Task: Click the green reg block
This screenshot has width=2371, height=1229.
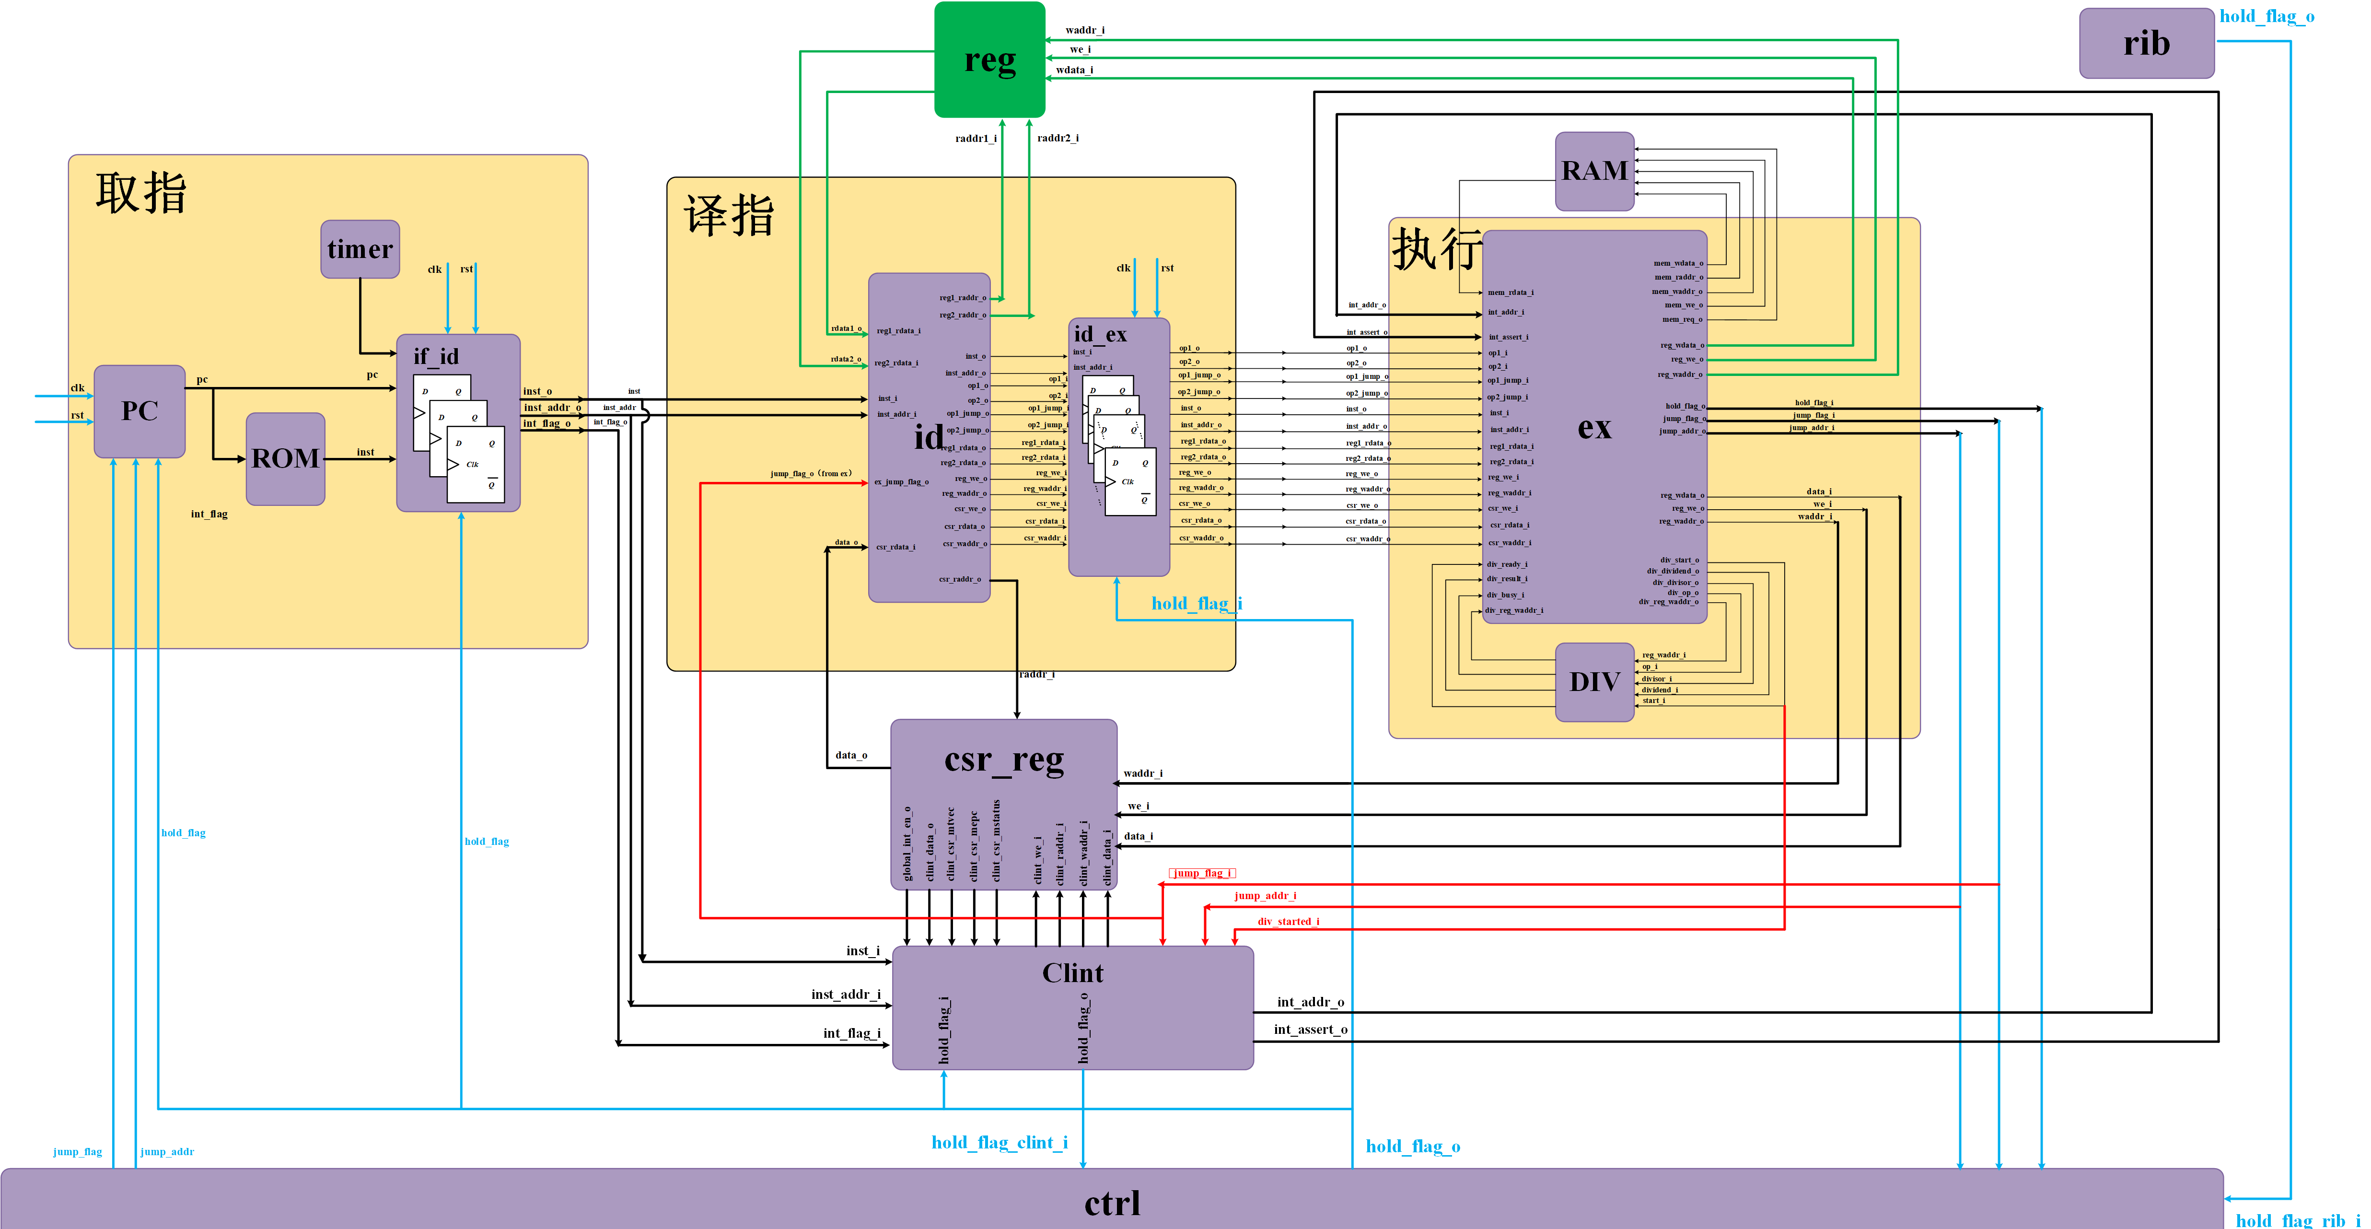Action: pos(989,60)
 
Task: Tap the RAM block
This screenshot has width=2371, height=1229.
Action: pos(1594,171)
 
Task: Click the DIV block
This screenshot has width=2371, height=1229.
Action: pos(1594,682)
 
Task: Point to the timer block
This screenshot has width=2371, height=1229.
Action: pos(360,249)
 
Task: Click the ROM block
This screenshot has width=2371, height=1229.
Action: pos(285,458)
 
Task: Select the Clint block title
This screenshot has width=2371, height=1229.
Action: pos(1072,973)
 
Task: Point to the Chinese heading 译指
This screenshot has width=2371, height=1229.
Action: pos(729,216)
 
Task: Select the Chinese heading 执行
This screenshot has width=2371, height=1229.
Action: pos(1436,248)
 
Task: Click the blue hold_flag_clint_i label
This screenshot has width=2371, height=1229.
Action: pos(1000,1143)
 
